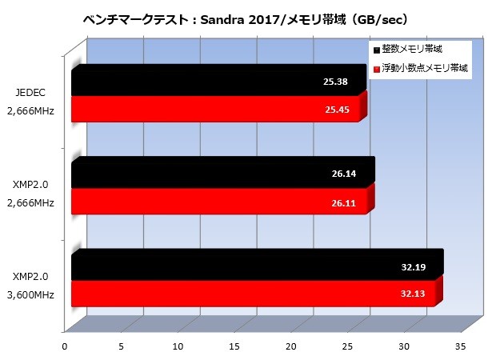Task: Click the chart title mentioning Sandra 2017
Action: (x=248, y=18)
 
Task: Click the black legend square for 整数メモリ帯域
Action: (x=376, y=50)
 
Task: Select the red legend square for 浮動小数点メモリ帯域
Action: (x=376, y=70)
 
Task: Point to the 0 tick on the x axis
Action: (x=65, y=346)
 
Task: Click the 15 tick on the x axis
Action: (x=234, y=346)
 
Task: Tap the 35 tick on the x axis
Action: (x=461, y=346)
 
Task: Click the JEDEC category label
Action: (x=33, y=93)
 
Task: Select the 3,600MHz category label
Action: (x=33, y=295)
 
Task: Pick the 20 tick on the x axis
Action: (x=291, y=346)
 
